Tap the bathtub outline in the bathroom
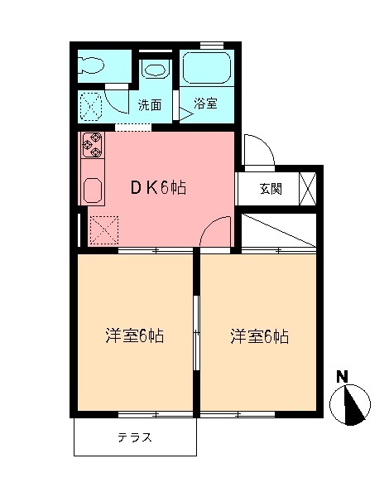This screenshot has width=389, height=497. pyautogui.click(x=207, y=67)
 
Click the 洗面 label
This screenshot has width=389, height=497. pyautogui.click(x=149, y=105)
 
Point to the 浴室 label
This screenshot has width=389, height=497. pyautogui.click(x=205, y=105)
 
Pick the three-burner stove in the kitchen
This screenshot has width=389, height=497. pyautogui.click(x=92, y=146)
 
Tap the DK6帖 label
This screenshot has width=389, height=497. pyautogui.click(x=156, y=188)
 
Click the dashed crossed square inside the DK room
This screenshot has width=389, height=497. pyautogui.click(x=103, y=229)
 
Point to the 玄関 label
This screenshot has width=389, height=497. pyautogui.click(x=270, y=189)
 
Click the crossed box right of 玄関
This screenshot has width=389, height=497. pyautogui.click(x=307, y=188)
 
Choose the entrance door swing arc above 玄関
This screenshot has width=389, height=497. pyautogui.click(x=258, y=151)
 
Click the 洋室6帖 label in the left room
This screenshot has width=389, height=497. pyautogui.click(x=133, y=336)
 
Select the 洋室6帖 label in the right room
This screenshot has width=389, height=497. pyautogui.click(x=259, y=336)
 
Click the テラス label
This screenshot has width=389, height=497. pyautogui.click(x=134, y=437)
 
